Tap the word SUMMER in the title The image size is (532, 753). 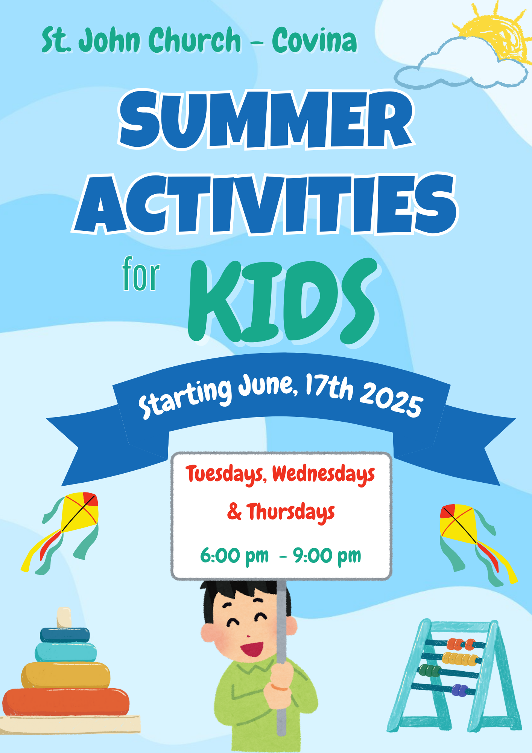pos(266,119)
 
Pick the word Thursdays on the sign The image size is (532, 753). pos(291,512)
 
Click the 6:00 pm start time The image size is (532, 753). pos(234,556)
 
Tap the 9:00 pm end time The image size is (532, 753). pos(327,556)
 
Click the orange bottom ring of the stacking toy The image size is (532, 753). pos(66,702)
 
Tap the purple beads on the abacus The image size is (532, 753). pos(459,690)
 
